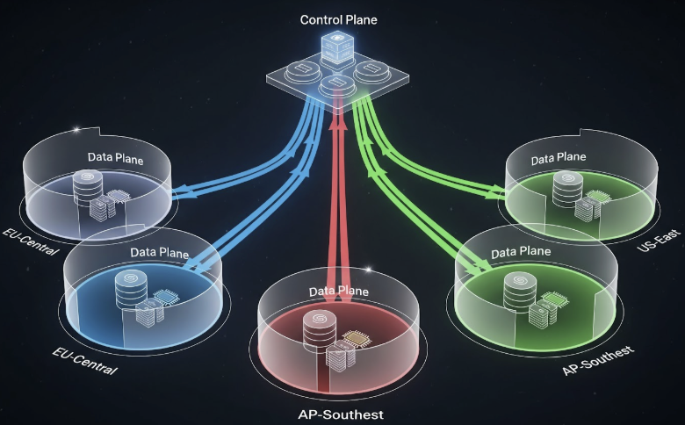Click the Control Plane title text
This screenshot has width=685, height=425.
click(x=340, y=19)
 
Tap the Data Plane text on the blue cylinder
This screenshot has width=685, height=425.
click(x=159, y=252)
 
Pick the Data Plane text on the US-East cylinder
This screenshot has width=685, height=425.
click(x=559, y=157)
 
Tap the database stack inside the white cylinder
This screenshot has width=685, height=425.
click(x=87, y=187)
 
